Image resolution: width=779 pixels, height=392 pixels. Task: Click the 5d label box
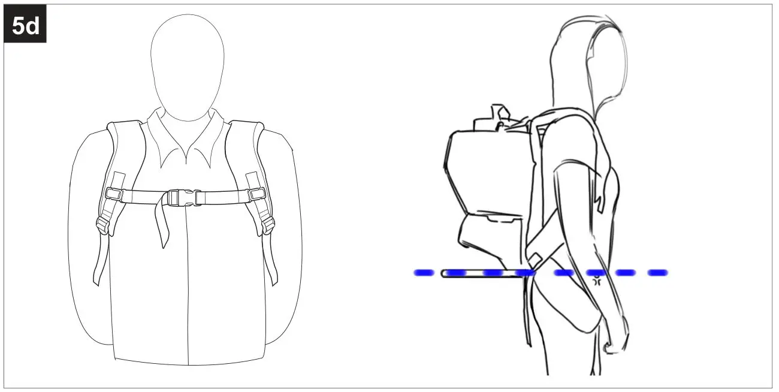click(x=25, y=27)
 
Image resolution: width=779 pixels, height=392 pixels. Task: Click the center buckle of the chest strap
click(x=178, y=197)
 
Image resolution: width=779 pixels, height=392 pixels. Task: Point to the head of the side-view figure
click(x=590, y=60)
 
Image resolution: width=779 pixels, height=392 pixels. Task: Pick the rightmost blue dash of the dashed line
click(x=657, y=273)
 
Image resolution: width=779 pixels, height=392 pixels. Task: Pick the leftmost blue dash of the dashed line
click(x=424, y=273)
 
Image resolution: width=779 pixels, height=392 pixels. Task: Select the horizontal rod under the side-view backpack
click(x=479, y=274)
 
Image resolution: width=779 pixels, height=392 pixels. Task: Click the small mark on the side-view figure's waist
click(x=597, y=280)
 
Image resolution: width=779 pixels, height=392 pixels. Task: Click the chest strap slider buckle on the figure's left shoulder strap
click(x=256, y=194)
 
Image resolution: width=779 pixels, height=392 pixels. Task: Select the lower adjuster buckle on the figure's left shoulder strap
click(x=268, y=226)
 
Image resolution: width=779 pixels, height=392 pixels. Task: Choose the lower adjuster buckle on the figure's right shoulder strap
click(x=101, y=226)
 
